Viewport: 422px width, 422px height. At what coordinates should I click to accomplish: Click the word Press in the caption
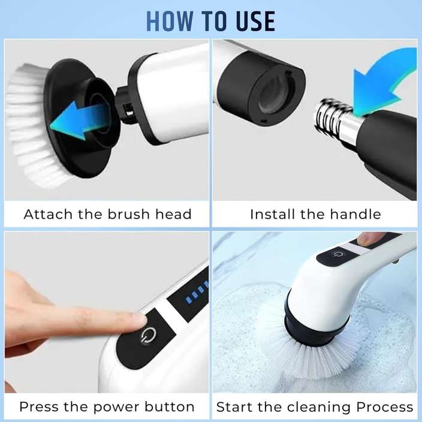click(x=40, y=406)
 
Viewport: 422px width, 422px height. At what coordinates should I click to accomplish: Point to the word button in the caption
click(x=170, y=406)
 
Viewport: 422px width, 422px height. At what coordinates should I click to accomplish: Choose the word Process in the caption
click(x=384, y=406)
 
